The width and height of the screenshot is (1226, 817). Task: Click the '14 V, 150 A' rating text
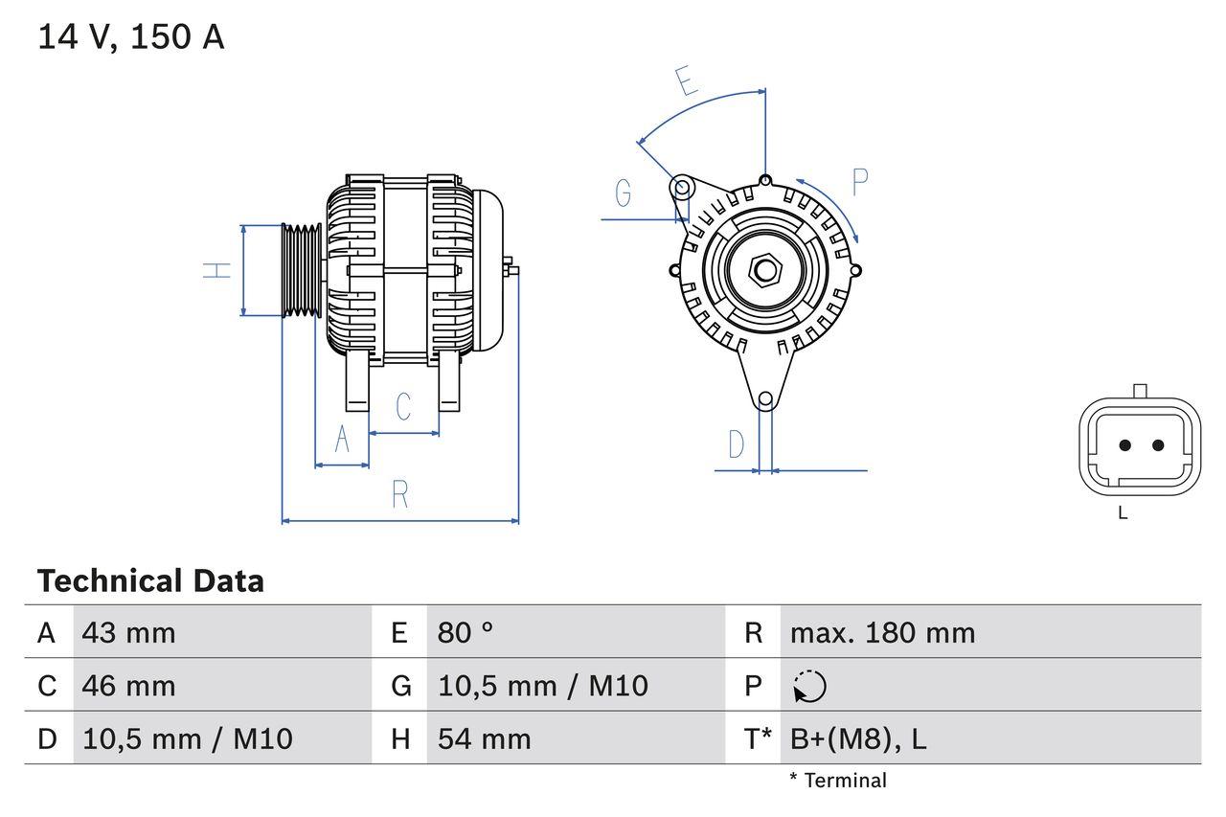pos(131,37)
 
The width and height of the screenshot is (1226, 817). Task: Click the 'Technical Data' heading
pos(150,580)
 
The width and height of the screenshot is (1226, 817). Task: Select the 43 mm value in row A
pos(128,632)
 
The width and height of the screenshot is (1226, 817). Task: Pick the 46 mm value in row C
pos(128,686)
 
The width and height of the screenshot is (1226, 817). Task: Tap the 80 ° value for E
pos(465,632)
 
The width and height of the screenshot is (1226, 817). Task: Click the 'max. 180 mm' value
pos(882,632)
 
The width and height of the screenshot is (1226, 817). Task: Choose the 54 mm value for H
pos(484,738)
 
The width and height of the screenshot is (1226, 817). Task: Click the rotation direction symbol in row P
pos(809,686)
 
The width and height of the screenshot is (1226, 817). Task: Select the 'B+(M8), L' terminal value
pos(857,738)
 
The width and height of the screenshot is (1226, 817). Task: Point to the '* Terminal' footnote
pos(838,781)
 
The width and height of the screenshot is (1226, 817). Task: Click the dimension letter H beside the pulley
pos(218,270)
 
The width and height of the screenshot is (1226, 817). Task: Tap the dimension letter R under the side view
pos(400,495)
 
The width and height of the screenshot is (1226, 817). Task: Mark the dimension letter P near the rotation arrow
pos(859,181)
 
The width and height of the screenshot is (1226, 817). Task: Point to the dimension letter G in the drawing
pos(624,193)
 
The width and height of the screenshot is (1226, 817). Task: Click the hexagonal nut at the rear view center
pos(763,270)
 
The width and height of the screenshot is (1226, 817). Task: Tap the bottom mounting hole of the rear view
pos(765,399)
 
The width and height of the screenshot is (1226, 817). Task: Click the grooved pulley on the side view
pos(302,270)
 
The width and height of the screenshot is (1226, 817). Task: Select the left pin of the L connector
pos(1125,445)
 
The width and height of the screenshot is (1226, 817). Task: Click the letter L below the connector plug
pos(1123,513)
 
